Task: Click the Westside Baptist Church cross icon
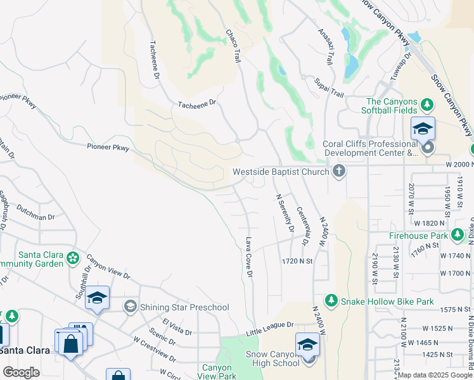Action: pos(339,171)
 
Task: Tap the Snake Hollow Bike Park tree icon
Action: pos(330,300)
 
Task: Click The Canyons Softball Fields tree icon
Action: pos(428,103)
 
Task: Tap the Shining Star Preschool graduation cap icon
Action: pos(131,307)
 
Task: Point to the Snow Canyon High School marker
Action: pos(307,346)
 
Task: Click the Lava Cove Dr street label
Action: pos(249,257)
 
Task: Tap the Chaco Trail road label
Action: pos(233,44)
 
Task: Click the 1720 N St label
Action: pos(298,261)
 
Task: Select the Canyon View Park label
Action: pos(219,371)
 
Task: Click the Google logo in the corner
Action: pos(21,372)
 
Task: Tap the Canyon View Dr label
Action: pos(108,267)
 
